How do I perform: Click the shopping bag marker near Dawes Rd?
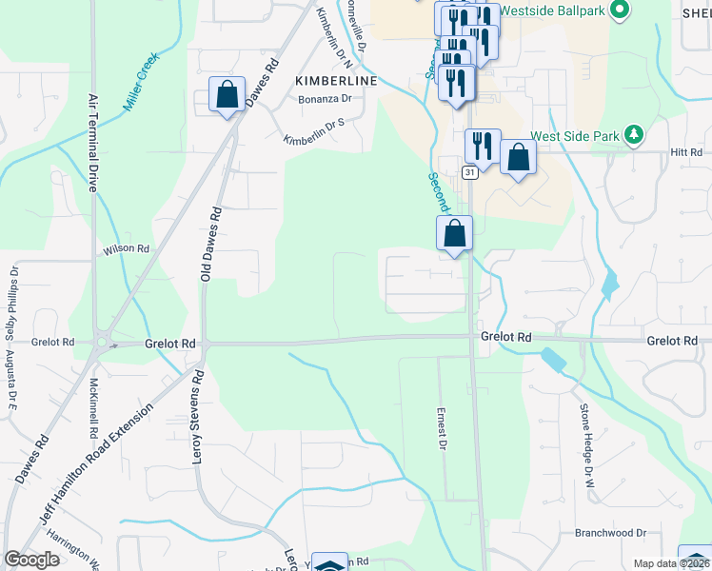[x=227, y=95]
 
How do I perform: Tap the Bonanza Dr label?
[x=326, y=98]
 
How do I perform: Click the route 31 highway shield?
[x=469, y=172]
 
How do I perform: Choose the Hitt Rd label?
[x=684, y=151]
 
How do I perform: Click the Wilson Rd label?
[x=128, y=248]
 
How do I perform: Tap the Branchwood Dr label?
[x=610, y=534]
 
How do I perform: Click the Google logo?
[x=32, y=560]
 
